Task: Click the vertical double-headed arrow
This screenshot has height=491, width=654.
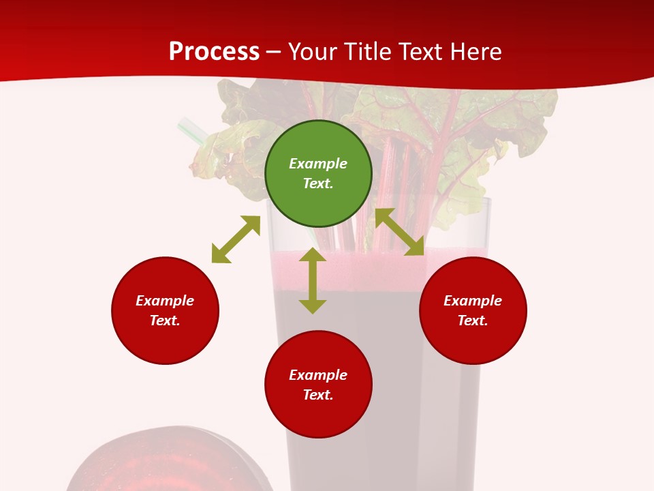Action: point(313,280)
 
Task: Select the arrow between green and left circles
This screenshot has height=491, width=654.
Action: point(236,239)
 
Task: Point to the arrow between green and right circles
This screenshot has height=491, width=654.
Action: point(400,232)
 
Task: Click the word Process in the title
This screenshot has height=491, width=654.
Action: point(214,52)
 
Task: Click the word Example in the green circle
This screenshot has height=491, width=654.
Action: point(318,164)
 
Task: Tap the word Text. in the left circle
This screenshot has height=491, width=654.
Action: point(165,321)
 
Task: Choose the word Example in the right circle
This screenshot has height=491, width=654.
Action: point(473,301)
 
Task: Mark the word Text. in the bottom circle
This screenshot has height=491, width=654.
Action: point(318,395)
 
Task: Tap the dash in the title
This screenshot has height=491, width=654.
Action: point(274,52)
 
